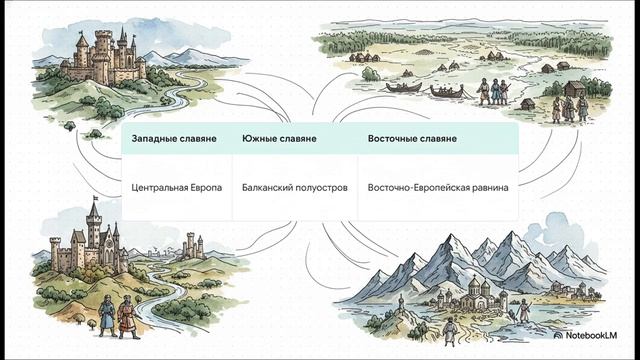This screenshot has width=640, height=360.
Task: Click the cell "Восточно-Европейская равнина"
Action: pyautogui.click(x=438, y=187)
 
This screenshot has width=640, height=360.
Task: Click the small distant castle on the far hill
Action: pyautogui.click(x=189, y=246)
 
